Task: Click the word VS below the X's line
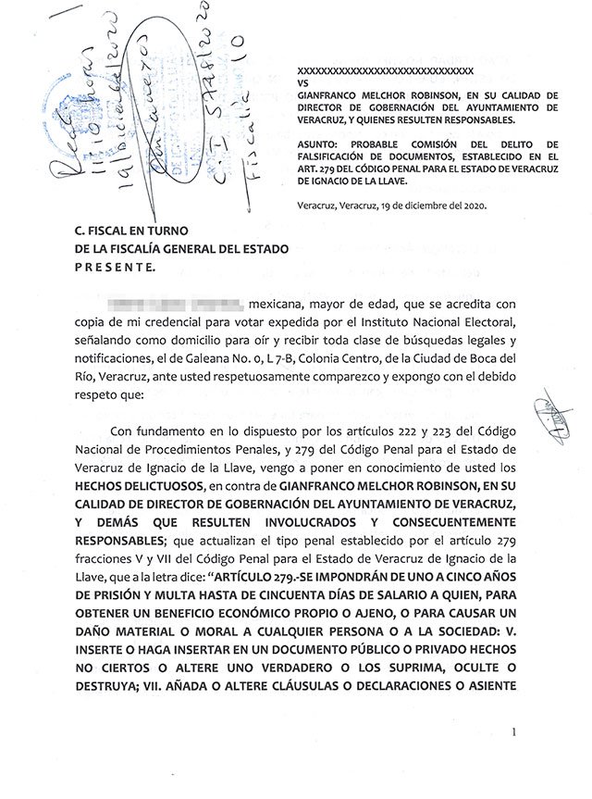point(301,82)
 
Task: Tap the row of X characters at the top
point(385,70)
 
